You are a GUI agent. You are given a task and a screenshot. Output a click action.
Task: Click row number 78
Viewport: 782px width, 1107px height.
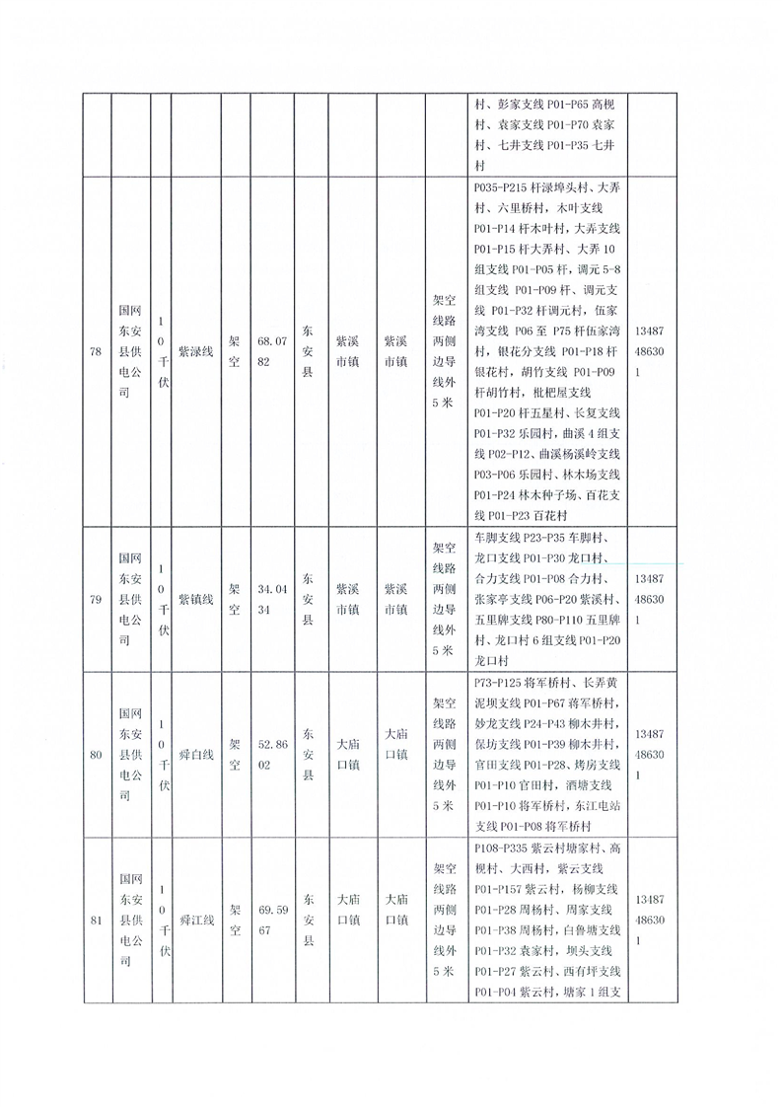click(96, 351)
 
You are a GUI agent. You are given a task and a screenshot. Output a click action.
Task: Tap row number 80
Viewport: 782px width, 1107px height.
click(96, 756)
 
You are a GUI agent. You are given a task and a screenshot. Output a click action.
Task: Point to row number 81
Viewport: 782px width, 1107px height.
click(96, 921)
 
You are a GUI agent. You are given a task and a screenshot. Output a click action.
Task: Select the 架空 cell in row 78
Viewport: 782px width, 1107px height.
click(234, 351)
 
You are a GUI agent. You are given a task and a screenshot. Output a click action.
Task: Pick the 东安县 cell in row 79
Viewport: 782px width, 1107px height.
click(308, 599)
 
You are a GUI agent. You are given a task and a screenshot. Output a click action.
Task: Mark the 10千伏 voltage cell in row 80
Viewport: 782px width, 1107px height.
click(163, 756)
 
